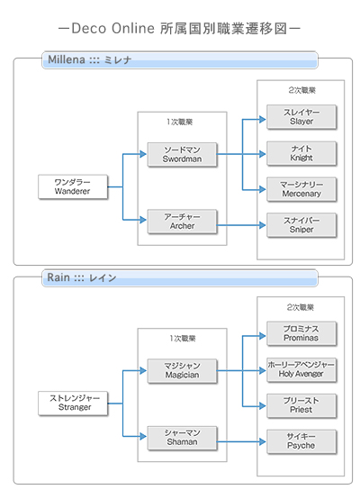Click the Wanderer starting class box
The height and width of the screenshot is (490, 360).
tap(72, 186)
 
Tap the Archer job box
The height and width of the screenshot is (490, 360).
tap(184, 221)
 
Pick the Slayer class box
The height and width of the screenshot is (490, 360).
tap(301, 115)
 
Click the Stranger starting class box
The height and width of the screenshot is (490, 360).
tap(72, 403)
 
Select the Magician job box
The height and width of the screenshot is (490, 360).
tap(184, 369)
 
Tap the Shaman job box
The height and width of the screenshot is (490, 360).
tap(184, 437)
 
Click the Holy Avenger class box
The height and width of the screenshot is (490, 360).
tap(301, 368)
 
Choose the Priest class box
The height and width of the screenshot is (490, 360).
tap(301, 404)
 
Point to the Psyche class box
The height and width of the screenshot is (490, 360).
tap(301, 440)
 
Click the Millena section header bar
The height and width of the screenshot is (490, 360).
tap(180, 60)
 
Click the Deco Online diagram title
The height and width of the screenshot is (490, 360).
tap(180, 28)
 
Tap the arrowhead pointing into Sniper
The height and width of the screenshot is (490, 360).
tap(262, 224)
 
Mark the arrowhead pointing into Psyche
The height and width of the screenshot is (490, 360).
tap(262, 440)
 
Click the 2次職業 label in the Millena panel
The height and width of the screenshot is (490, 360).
tap(301, 91)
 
